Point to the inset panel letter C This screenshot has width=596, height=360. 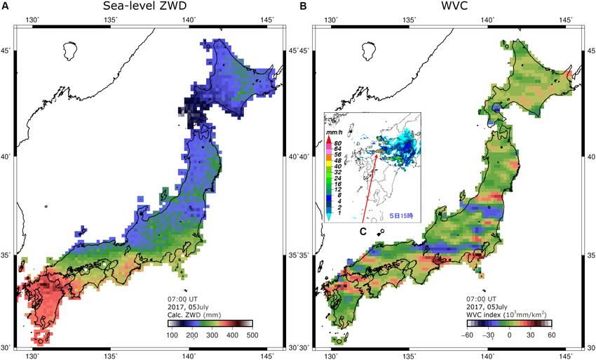pos(363,231)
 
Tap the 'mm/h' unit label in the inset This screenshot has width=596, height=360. pos(332,132)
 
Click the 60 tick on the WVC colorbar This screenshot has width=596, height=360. pos(551,336)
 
